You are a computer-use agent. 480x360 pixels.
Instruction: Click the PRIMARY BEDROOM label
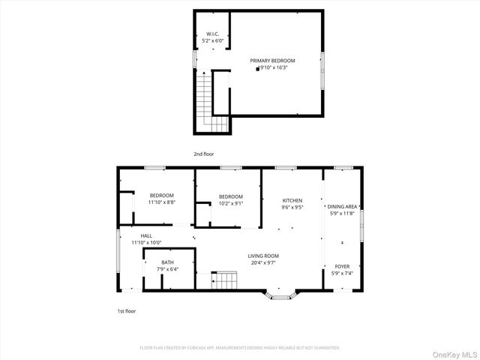point(272,61)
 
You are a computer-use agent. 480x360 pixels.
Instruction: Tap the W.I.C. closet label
point(212,34)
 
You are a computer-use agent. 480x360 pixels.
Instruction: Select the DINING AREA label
point(342,206)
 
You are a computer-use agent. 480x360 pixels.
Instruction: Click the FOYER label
point(342,266)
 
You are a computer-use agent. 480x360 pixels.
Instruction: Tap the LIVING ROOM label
point(263,256)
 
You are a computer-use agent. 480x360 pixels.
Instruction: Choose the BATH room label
point(167,262)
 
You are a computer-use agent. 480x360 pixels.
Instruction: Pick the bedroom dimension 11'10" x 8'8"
point(161,202)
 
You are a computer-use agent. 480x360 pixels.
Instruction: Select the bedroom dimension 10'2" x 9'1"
point(230,202)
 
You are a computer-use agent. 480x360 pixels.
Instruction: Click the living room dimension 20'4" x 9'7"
point(263,262)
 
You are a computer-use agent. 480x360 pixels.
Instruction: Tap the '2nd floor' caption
point(203,154)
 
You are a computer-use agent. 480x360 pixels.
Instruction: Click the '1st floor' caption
point(125,310)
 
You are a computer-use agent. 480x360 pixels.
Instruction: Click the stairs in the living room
point(224,280)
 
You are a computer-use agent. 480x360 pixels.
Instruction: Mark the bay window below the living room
point(280,296)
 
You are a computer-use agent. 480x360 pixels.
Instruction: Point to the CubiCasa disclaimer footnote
point(240,348)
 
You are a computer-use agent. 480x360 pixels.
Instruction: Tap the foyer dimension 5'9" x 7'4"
point(342,273)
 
